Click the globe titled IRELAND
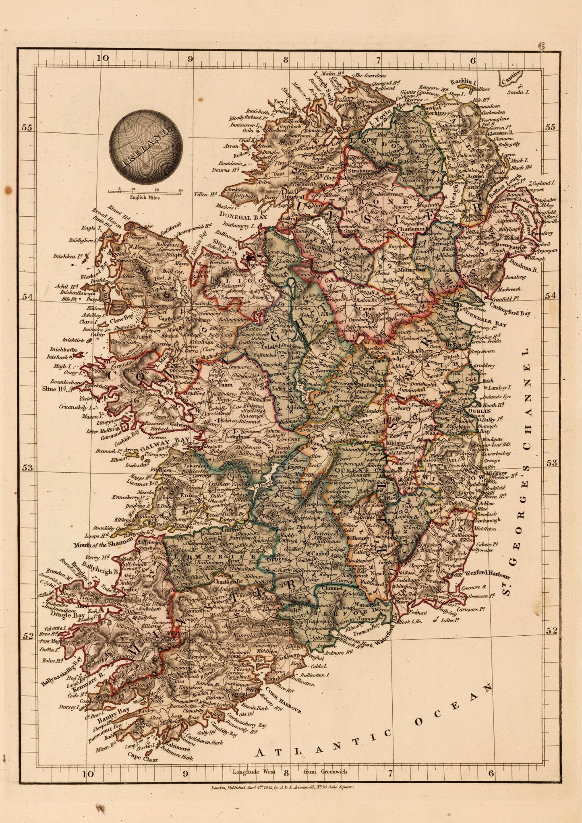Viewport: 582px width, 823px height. click(145, 147)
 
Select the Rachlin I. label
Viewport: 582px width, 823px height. click(462, 82)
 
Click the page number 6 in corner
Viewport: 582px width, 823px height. click(541, 45)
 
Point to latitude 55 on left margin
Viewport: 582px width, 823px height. click(27, 128)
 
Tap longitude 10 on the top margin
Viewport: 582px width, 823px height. click(103, 58)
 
